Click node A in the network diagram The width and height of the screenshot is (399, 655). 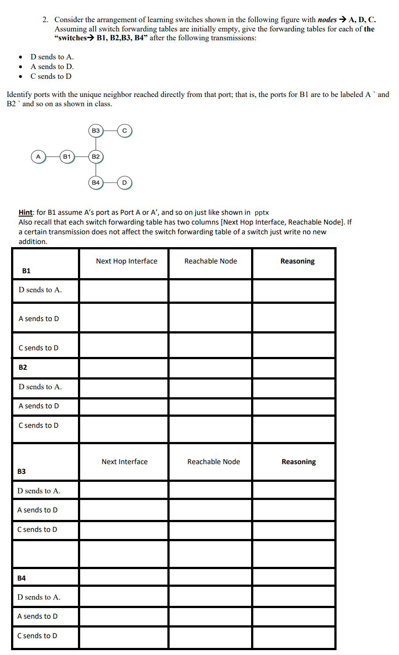pos(38,157)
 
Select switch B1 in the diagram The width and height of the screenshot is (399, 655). pos(67,157)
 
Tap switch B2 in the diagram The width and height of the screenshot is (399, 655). pos(96,157)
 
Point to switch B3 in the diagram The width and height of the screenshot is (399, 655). pos(96,131)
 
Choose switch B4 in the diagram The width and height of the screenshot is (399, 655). pos(96,182)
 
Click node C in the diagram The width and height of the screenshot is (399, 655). pos(124,131)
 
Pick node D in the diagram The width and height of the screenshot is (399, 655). pos(124,182)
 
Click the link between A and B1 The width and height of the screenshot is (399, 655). pos(53,157)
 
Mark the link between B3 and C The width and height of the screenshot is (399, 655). pos(110,131)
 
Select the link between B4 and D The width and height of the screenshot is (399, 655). pos(110,182)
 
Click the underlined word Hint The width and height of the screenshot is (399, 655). pos(26,213)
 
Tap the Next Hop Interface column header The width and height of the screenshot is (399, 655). pos(127,261)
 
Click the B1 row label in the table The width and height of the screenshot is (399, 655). pos(26,271)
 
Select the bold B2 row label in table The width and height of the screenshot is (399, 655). pos(23,367)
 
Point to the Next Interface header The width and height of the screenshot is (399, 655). pos(124,462)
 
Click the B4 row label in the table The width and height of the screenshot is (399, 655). pos(21,578)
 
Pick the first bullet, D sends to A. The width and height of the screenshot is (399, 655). pos(52,57)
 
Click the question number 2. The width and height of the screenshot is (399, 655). pos(45,20)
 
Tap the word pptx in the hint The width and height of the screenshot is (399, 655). pos(262,213)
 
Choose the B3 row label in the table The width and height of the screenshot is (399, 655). pos(21,471)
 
